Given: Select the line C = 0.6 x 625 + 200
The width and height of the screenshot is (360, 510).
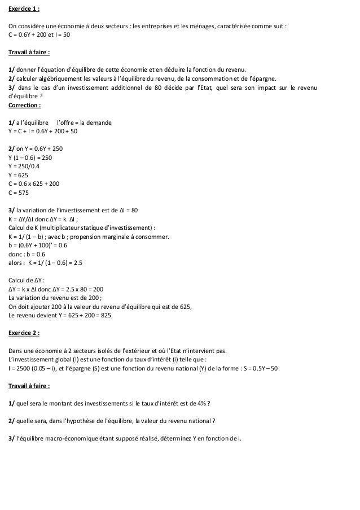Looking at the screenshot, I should point(35,184).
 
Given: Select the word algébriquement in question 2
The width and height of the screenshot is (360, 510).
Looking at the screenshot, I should point(63,79).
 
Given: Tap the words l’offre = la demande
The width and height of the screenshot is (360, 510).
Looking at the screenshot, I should point(85,123).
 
